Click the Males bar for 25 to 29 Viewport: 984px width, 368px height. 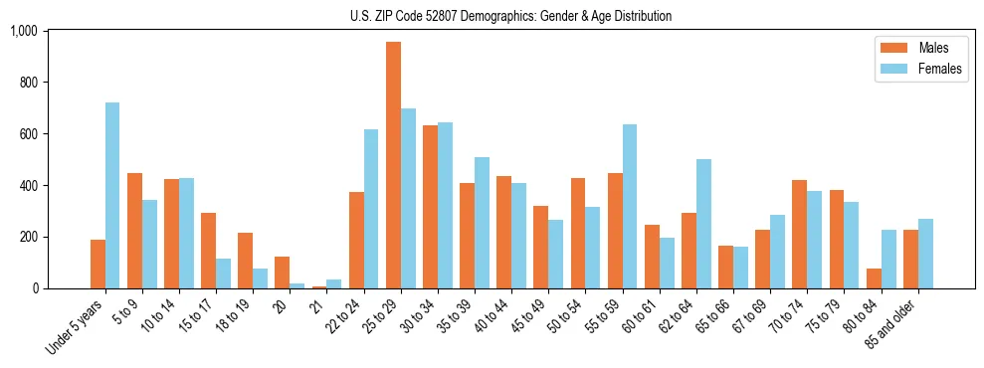[393, 165]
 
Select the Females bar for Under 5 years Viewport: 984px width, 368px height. [112, 196]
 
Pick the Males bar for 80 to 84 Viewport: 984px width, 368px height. [873, 278]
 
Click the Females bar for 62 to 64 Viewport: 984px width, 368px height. [703, 224]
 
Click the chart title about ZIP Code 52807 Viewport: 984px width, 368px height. [510, 16]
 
